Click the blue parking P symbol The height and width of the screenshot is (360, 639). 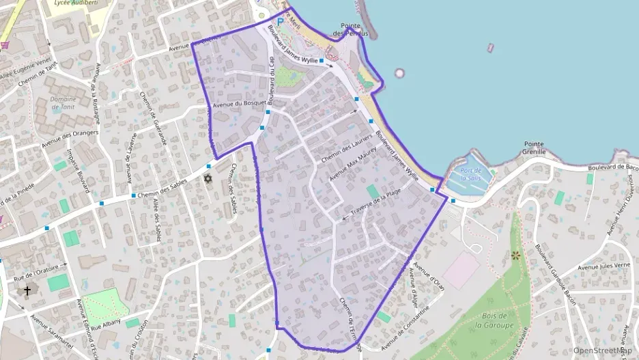(x=280, y=22)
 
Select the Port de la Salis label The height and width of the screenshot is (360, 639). (x=472, y=174)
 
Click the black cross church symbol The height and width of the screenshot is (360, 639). (x=27, y=290)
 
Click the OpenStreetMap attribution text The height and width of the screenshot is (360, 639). (x=602, y=350)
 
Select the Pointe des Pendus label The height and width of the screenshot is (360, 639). (x=350, y=29)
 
